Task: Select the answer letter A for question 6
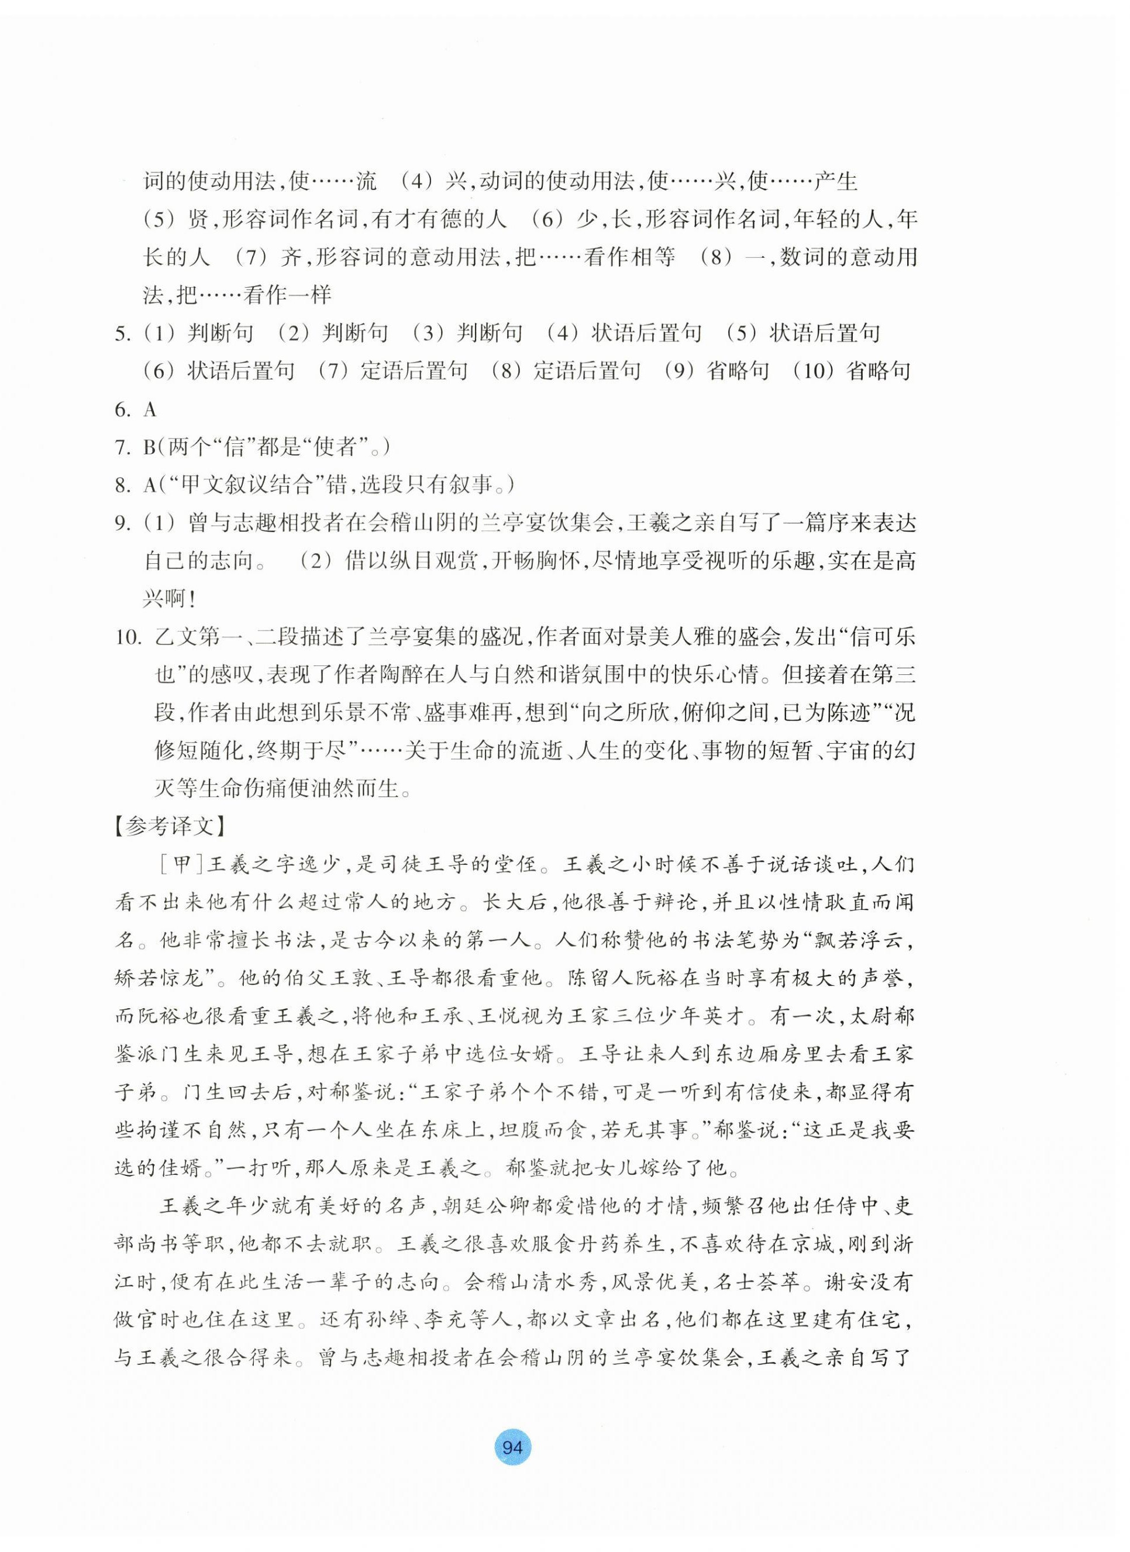point(150,410)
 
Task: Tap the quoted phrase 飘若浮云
point(857,941)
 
